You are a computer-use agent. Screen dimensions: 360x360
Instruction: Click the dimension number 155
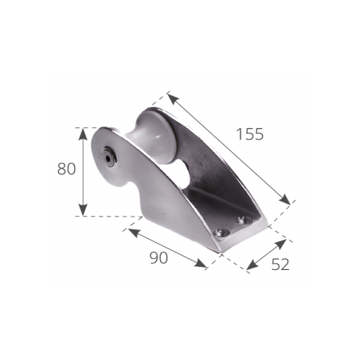coord(249,135)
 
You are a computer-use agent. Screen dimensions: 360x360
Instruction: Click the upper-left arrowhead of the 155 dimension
coord(170,96)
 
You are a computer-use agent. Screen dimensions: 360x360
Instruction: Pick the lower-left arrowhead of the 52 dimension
coord(248,268)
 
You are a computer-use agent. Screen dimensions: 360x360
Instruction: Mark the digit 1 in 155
coord(240,135)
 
